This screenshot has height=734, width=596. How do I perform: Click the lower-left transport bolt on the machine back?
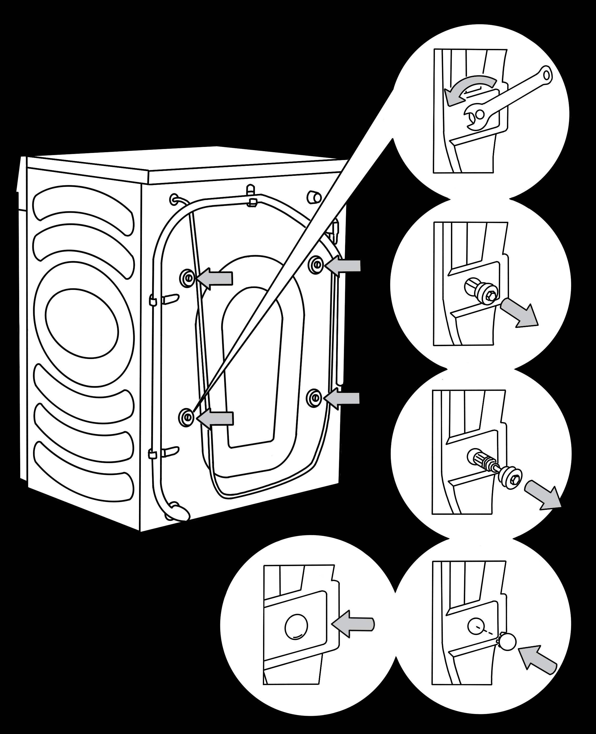(x=186, y=417)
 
